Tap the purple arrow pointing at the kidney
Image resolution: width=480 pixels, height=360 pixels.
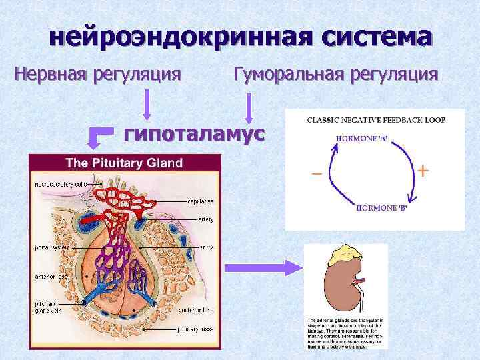[263, 267]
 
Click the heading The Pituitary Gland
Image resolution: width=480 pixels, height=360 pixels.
[123, 163]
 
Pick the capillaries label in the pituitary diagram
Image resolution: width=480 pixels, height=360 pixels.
[201, 201]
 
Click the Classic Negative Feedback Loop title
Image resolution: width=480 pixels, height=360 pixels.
[376, 120]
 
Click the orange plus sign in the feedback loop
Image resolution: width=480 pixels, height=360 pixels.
[423, 171]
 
